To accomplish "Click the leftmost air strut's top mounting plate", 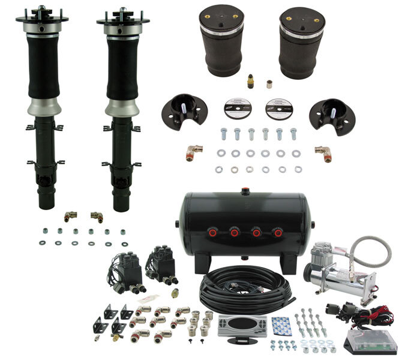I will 42,19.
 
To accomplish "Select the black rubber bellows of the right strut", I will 123,69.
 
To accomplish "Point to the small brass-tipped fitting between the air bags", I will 250,81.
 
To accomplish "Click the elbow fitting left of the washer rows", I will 194,152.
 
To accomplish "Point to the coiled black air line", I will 240,289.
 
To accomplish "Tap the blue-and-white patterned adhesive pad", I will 279,325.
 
